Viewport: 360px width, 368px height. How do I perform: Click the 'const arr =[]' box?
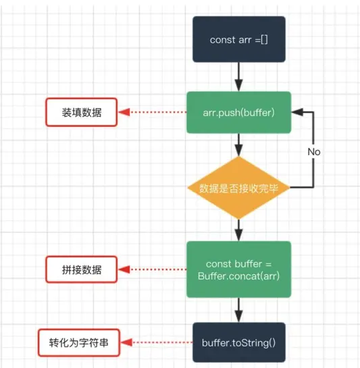239,39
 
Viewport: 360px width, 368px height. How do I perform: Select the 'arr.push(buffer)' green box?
239,112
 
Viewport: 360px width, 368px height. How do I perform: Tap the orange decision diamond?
239,188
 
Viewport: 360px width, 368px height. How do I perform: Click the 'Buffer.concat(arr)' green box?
239,269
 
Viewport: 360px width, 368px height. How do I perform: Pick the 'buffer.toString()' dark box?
239,342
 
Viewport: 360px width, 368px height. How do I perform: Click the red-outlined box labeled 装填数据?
82,112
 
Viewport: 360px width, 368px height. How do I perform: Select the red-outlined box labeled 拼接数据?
82,269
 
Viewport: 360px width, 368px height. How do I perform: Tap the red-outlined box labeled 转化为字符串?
79,342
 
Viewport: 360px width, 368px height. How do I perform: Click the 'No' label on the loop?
314,152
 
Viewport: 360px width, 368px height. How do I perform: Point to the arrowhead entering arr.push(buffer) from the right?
297,112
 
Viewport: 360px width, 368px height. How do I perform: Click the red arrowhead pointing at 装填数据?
124,112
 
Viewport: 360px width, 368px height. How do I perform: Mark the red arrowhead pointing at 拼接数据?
124,269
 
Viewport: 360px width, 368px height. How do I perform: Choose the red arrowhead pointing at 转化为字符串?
127,342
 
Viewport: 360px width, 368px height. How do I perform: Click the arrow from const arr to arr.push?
239,77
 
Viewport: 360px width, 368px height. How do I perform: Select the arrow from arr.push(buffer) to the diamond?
239,144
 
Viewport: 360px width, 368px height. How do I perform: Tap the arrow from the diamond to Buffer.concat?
239,230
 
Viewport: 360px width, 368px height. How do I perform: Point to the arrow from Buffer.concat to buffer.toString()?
239,310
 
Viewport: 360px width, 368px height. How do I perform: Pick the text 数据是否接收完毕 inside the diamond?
239,188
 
